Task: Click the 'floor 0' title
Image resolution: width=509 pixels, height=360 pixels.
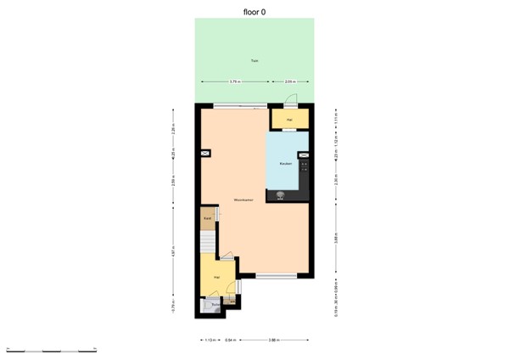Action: pos(255,11)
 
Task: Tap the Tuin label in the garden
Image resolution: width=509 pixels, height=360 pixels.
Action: pos(254,60)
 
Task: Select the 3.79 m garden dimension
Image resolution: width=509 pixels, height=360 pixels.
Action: pos(234,82)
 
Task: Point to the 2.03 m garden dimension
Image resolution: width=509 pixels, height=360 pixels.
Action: pos(290,82)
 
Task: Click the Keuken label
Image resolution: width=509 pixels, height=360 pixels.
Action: pos(286,163)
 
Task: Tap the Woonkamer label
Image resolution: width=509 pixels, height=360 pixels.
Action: pos(243,200)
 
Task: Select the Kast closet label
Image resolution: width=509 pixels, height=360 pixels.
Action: pos(207,218)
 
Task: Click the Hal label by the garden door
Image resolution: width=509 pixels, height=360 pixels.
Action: pos(289,120)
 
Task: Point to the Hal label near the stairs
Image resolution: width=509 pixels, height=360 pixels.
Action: pos(216,277)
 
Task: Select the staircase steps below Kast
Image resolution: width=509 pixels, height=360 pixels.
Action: pos(209,243)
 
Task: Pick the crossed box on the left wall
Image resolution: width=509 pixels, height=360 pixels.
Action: pos(205,153)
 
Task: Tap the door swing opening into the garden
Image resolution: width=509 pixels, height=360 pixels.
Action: pos(290,98)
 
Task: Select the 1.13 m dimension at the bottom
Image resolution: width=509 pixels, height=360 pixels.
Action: pos(211,340)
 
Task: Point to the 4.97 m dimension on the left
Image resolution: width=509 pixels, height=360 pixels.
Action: pos(173,252)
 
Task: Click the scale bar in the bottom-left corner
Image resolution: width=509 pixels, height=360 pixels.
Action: pos(51,349)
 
